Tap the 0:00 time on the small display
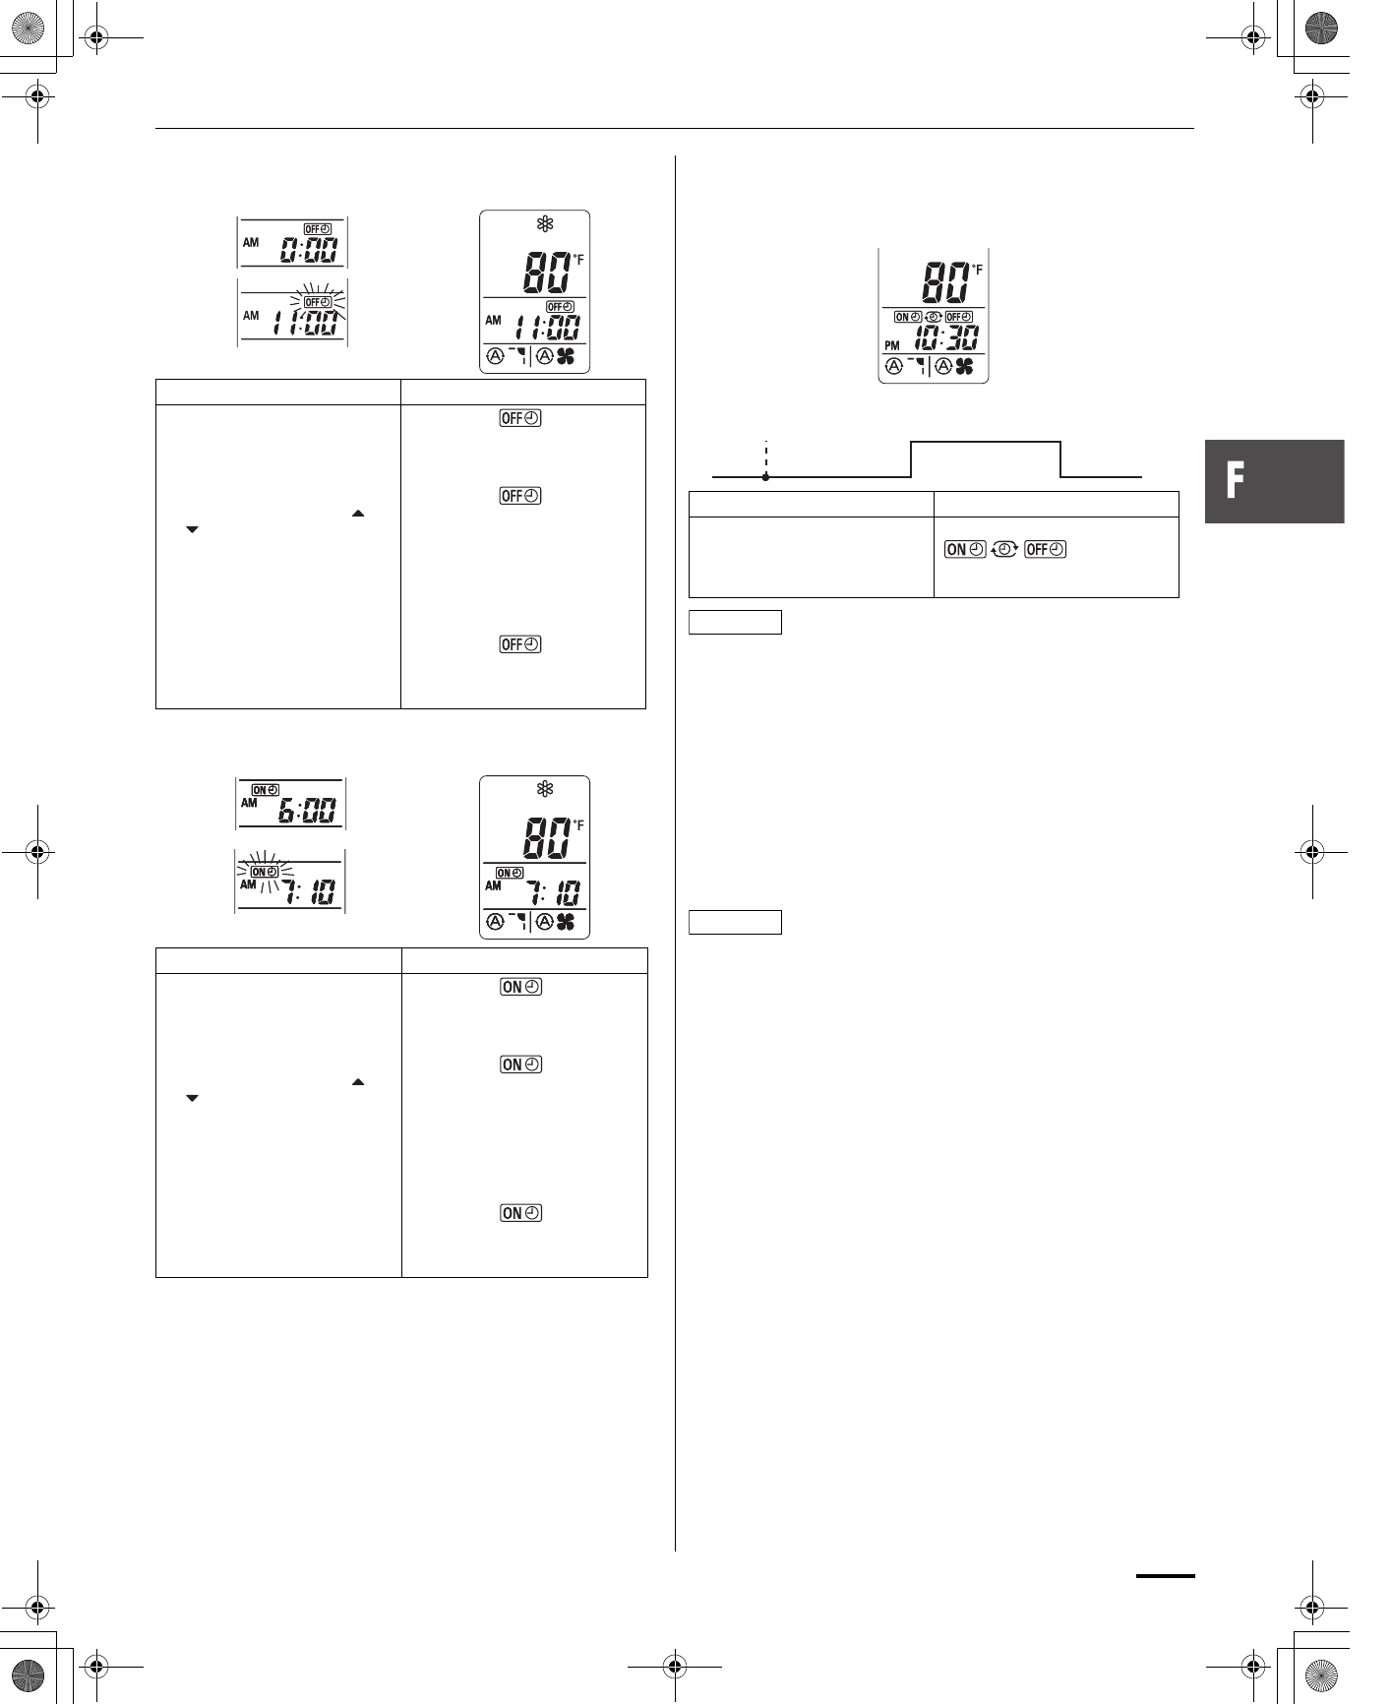(309, 251)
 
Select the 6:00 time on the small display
(306, 812)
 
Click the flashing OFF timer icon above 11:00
(317, 301)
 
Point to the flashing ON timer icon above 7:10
(265, 872)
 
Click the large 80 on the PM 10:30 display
(943, 283)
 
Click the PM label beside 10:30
(892, 345)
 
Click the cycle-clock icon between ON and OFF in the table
(1003, 550)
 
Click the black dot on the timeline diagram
(765, 477)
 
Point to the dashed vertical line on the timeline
(765, 457)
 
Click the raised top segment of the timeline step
(986, 443)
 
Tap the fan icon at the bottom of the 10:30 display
(964, 367)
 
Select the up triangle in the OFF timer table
(358, 514)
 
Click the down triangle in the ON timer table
(192, 1098)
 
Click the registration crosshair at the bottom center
(674, 1666)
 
